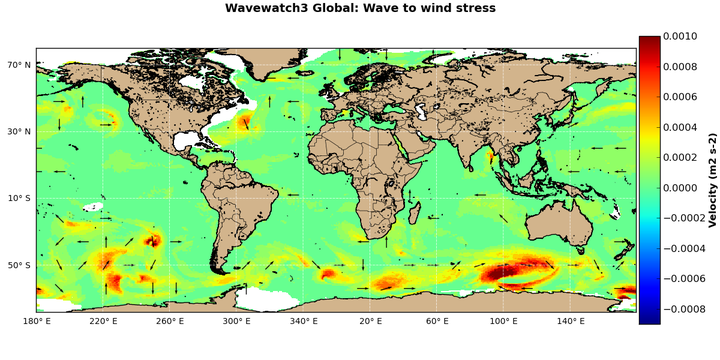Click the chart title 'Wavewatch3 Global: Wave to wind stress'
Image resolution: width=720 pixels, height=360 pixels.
360,9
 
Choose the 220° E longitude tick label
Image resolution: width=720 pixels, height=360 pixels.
103,321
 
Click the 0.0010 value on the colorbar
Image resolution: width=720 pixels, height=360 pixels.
685,36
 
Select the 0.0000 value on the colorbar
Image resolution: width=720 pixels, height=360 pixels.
685,187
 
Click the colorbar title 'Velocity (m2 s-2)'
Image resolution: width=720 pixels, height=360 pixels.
712,180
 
